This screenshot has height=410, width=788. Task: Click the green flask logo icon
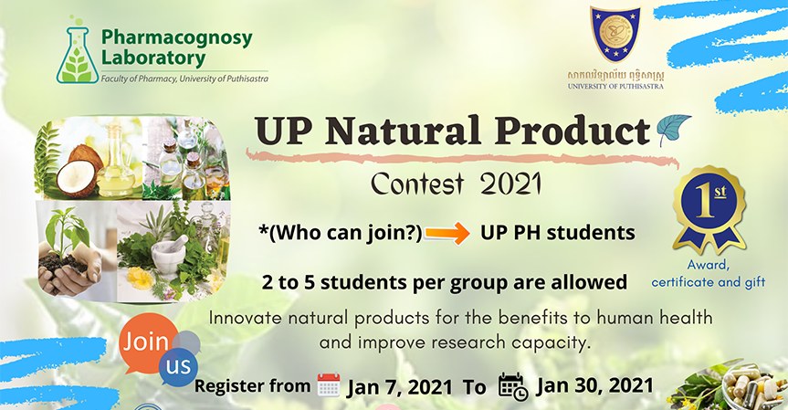pyautogui.click(x=78, y=53)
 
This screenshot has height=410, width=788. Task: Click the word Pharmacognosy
pyautogui.click(x=176, y=38)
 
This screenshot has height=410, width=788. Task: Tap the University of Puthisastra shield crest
pyautogui.click(x=615, y=34)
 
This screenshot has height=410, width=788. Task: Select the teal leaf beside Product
pyautogui.click(x=674, y=129)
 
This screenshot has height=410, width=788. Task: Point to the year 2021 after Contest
pyautogui.click(x=510, y=184)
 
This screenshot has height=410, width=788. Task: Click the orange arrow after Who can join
pyautogui.click(x=447, y=234)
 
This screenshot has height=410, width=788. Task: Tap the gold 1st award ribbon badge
pyautogui.click(x=709, y=209)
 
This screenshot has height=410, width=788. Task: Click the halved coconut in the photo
pyautogui.click(x=77, y=173)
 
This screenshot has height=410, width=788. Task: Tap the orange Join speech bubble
pyautogui.click(x=147, y=343)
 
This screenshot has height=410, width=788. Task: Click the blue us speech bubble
pyautogui.click(x=178, y=366)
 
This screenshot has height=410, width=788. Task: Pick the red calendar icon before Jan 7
pyautogui.click(x=329, y=385)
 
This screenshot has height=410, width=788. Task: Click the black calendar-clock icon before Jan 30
pyautogui.click(x=512, y=386)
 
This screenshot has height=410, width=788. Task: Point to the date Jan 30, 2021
pyautogui.click(x=595, y=385)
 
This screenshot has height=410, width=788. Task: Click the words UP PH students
pyautogui.click(x=558, y=233)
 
